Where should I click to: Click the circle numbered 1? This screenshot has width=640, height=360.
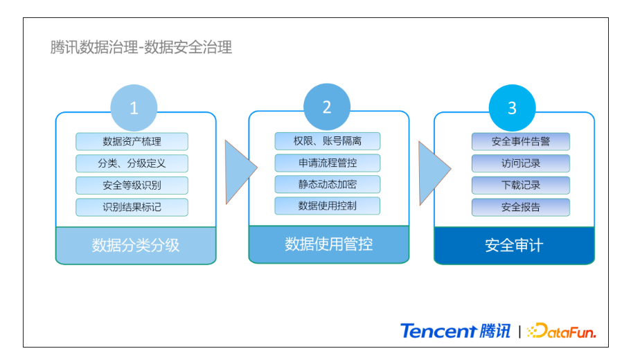134,108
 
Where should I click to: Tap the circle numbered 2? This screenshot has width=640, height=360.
327,107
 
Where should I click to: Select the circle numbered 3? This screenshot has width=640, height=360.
513,108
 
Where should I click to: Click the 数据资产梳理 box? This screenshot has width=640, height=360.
132,142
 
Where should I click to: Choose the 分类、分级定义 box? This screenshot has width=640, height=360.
132,163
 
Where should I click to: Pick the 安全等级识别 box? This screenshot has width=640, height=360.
132,186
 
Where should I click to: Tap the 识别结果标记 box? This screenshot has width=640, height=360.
132,207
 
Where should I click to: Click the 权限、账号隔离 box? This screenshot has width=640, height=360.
328,141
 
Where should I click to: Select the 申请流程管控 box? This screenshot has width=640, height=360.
328,163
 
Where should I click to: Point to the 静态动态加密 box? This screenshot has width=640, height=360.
328,184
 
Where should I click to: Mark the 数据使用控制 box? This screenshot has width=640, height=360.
328,206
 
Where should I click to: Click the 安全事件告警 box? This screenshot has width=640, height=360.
521,142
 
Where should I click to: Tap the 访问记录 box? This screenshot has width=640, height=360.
521,163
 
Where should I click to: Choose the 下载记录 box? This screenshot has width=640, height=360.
521,186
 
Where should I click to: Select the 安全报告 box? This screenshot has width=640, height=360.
521,207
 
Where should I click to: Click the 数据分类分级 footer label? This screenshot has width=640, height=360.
136,245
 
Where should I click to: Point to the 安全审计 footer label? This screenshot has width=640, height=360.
514,245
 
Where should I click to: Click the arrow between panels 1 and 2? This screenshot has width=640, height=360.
239,172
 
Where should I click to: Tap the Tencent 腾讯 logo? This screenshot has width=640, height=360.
455,331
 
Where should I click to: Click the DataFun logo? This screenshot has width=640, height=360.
562,331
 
